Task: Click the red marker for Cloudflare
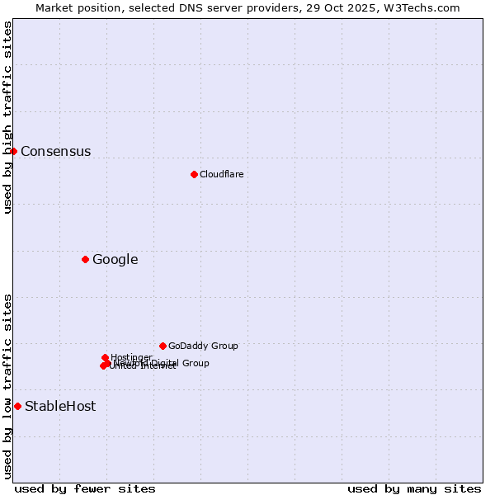194,174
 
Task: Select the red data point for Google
85,259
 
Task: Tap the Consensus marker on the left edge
13,151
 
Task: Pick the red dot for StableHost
17,406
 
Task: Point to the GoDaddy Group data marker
163,346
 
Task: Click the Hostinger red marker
105,357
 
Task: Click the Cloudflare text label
221,174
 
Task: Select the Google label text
115,260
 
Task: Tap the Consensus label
55,151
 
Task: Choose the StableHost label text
59,406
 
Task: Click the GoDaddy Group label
202,346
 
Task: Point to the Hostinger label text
131,357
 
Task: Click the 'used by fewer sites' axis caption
85,488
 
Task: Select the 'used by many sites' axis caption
414,488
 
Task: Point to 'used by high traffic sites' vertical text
7,117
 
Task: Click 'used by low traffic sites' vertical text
7,386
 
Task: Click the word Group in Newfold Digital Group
196,363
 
